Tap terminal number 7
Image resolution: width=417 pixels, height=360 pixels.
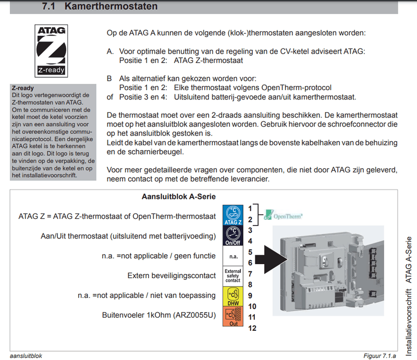251,274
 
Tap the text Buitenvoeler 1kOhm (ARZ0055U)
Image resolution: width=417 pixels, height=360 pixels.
160,315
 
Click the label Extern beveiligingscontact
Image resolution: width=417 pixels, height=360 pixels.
171,275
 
